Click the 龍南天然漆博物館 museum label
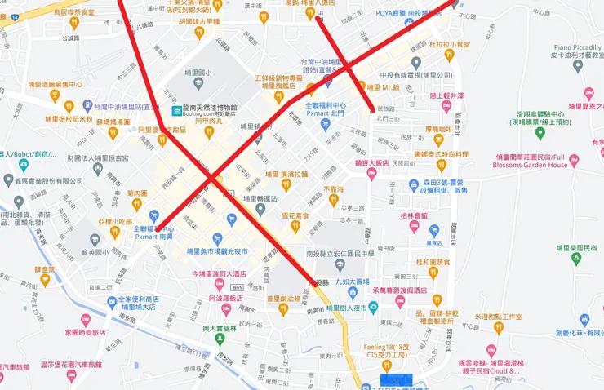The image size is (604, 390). click(210, 108)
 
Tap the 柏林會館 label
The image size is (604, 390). click(415, 216)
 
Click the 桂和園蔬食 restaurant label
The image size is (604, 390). click(433, 262)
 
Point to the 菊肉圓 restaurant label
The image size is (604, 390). click(136, 193)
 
